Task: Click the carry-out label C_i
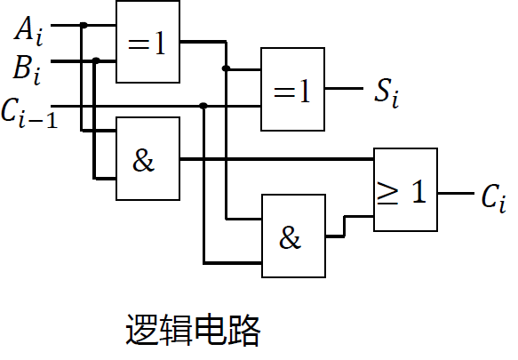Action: tap(493, 198)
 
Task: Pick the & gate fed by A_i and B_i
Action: tap(147, 158)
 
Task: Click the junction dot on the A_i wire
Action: tap(84, 26)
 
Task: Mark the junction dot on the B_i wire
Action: tap(96, 60)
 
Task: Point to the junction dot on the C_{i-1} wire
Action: tap(203, 106)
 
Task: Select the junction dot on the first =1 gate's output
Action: tap(227, 68)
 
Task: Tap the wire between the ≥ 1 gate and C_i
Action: tap(455, 192)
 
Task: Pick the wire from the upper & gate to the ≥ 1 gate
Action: tap(275, 160)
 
